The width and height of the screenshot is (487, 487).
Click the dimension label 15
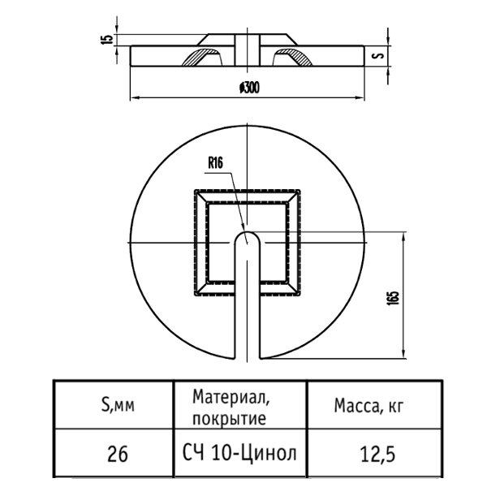[106, 40]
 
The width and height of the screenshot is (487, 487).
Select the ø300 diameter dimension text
[249, 88]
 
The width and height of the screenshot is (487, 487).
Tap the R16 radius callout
[215, 163]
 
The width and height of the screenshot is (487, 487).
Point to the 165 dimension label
[393, 298]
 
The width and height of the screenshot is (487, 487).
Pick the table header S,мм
[118, 405]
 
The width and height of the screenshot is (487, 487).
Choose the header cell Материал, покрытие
[231, 407]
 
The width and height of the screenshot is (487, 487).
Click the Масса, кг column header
[368, 406]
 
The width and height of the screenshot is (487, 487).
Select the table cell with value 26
[118, 454]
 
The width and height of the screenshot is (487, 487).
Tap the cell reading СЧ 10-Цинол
[239, 453]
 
